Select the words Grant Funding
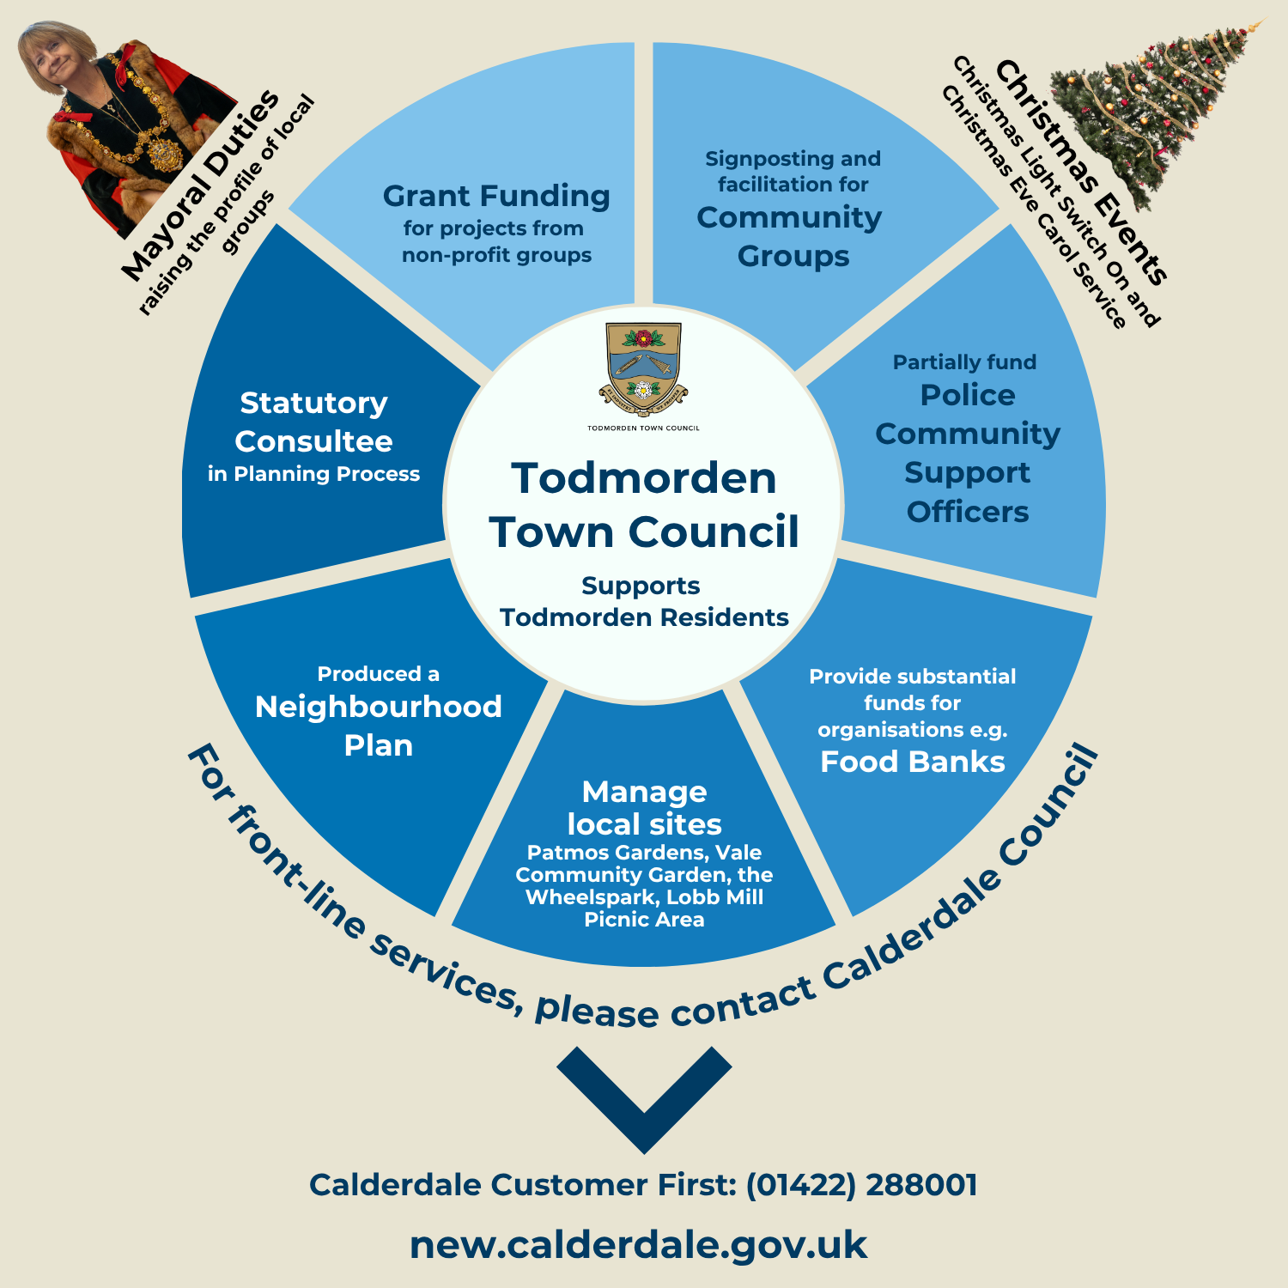[496, 197]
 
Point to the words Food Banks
[912, 762]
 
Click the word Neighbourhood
[378, 707]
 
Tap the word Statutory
[313, 403]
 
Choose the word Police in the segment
[967, 395]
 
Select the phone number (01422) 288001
[861, 1185]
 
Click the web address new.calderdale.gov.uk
[638, 1245]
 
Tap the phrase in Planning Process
[313, 474]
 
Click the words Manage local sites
[644, 807]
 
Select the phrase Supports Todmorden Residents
[644, 601]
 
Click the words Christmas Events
[1082, 172]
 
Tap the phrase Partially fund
[964, 362]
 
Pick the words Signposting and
[793, 159]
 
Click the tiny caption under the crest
[643, 428]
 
